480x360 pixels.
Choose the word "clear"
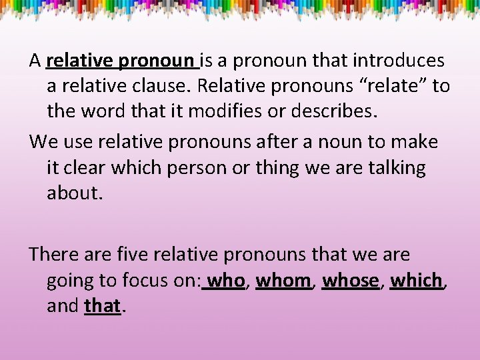[x=81, y=167]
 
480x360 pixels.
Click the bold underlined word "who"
[x=227, y=281]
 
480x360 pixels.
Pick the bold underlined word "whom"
[x=283, y=281]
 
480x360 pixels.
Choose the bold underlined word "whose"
[x=350, y=281]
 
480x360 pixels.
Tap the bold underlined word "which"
[x=416, y=281]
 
